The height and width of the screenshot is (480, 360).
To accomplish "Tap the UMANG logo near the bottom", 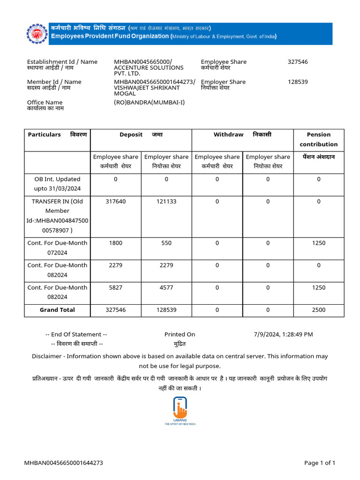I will coord(180,410).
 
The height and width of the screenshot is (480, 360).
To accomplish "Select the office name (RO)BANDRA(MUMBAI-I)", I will coord(150,102).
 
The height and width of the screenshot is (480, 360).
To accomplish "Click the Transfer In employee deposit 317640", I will coord(116,201).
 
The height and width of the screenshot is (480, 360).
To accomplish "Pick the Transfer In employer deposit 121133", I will coord(166,201).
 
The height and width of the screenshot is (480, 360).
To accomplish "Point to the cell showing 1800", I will coord(116,243).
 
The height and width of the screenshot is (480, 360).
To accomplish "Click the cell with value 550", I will coord(166,243).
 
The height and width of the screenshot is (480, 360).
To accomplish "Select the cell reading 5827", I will coord(116,288).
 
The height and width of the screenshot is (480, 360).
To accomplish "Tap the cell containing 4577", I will coord(166,288).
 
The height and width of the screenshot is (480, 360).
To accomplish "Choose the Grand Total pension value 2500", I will coord(318,310).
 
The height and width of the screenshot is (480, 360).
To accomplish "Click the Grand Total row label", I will coord(57,310).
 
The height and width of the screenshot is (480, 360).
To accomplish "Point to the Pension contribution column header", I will coord(318,139).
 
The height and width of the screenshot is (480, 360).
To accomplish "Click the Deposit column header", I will coord(141,135).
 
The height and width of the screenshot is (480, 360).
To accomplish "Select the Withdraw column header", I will coord(242,135).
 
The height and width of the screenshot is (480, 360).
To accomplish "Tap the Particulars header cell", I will coord(57,135).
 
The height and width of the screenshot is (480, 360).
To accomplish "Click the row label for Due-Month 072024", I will coord(57,247).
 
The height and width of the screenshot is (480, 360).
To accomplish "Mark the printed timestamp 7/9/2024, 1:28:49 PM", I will coord(283,334).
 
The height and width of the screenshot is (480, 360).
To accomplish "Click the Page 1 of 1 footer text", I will coord(320,463).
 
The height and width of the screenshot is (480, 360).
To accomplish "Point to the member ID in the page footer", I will coord(64,463).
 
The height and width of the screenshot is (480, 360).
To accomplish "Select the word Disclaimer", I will coord(46,356).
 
